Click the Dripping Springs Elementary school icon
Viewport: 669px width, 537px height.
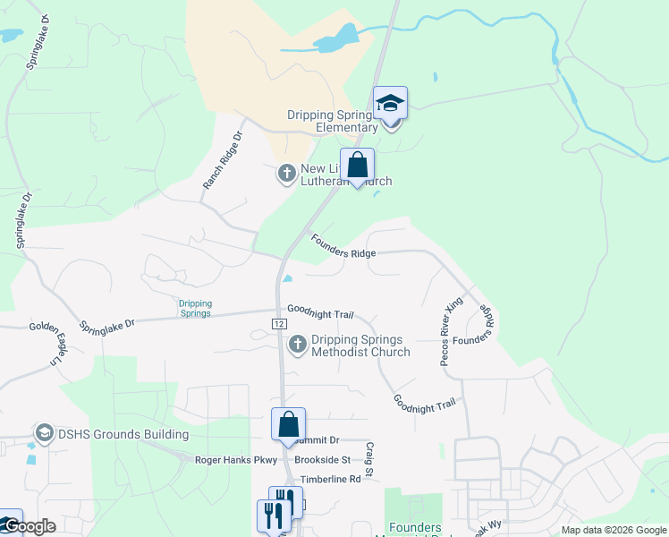click(x=391, y=105)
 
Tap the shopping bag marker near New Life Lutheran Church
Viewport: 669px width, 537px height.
click(x=357, y=165)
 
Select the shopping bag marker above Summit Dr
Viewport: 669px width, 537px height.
click(x=289, y=424)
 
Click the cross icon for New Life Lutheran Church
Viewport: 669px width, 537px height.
click(x=287, y=173)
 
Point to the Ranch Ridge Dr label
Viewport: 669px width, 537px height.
click(x=223, y=161)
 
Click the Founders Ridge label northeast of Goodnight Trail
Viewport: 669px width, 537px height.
click(x=343, y=246)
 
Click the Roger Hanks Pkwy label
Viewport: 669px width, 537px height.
click(x=237, y=460)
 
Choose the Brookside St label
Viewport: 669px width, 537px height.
click(x=331, y=460)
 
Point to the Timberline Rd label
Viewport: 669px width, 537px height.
click(x=330, y=479)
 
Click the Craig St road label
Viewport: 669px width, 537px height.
click(x=368, y=457)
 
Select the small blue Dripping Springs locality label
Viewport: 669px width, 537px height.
click(x=195, y=308)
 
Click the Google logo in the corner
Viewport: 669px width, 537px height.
click(x=29, y=526)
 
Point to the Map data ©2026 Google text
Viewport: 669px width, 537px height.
click(x=614, y=530)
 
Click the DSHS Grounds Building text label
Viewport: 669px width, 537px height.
click(x=123, y=435)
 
